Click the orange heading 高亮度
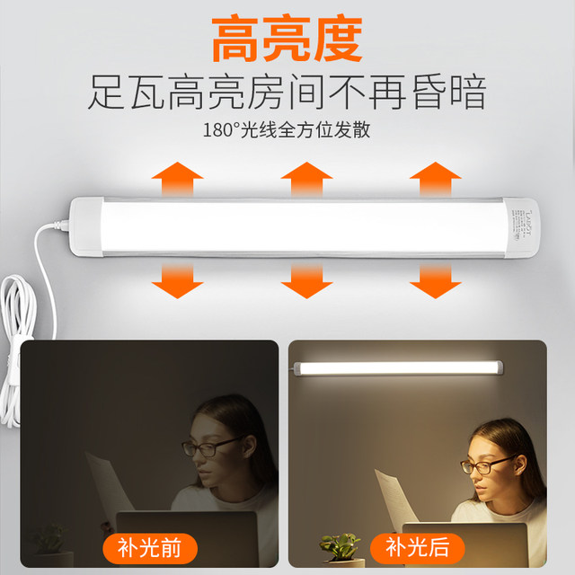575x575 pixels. pos(287,38)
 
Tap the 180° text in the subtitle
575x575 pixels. pos(220,129)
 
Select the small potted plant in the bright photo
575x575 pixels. pos(340,547)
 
